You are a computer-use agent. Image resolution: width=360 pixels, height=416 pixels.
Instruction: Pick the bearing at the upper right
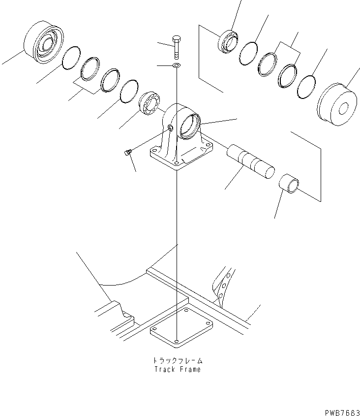pyautogui.click(x=227, y=40)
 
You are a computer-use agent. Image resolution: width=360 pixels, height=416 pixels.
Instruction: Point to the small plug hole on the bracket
pyautogui.click(x=170, y=128)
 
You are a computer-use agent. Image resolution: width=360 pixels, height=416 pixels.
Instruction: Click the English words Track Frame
pyautogui.click(x=177, y=369)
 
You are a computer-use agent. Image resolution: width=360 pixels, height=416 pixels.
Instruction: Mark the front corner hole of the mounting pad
pyautogui.click(x=177, y=340)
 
